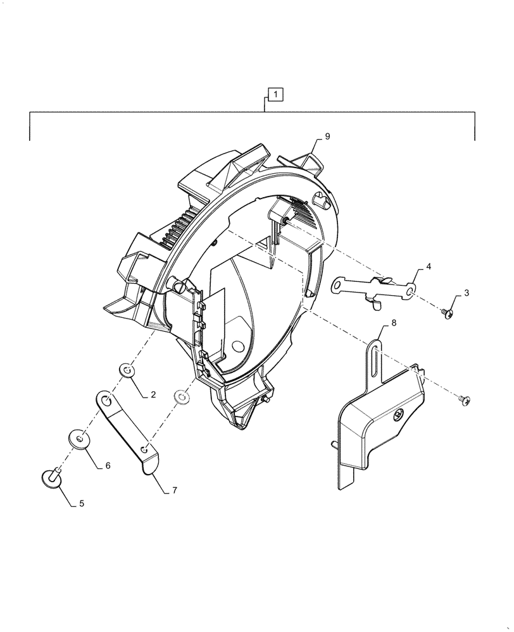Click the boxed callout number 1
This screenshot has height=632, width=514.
click(x=277, y=95)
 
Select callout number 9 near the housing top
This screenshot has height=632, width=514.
click(x=327, y=137)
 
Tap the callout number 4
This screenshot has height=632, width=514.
click(x=429, y=268)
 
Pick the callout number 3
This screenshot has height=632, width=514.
click(x=467, y=293)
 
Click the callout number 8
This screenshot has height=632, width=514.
click(x=394, y=323)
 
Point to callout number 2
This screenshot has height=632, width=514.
click(x=153, y=395)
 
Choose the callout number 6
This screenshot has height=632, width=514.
click(x=107, y=465)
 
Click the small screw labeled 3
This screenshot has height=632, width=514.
click(x=448, y=312)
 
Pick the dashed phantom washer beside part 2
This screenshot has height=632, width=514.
click(x=181, y=397)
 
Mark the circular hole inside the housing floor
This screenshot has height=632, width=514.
click(x=238, y=346)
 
